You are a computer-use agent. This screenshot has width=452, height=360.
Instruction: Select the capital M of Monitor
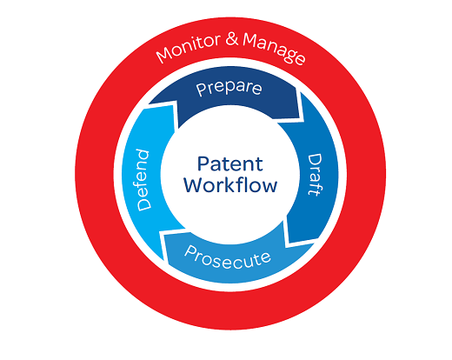tap(163, 58)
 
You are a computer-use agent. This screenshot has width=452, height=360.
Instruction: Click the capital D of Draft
tap(313, 157)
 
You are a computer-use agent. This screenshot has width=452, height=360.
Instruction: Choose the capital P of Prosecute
tap(194, 253)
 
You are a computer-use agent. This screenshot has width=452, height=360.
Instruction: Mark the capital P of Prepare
tap(200, 90)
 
